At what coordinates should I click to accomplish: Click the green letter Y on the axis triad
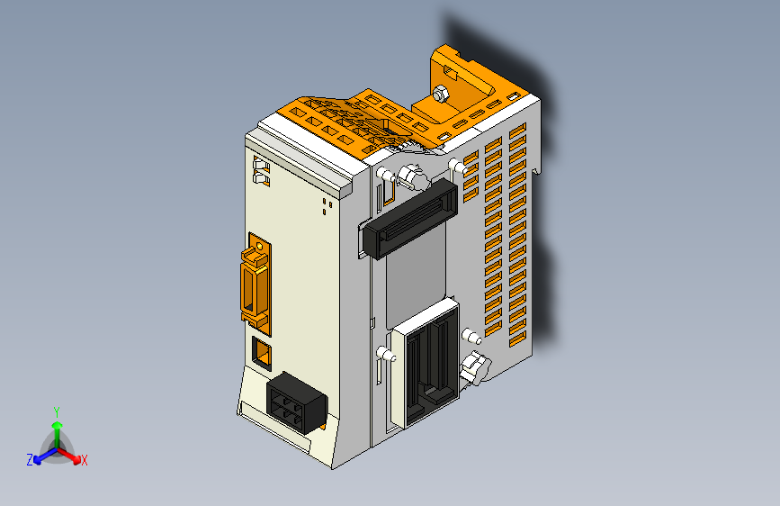57,411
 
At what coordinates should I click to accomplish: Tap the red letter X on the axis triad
85,460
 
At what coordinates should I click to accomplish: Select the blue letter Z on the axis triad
30,460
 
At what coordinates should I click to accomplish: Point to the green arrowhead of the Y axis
57,425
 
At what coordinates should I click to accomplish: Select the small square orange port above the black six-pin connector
262,353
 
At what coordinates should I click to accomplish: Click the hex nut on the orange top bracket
440,94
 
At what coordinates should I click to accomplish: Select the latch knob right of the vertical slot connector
472,368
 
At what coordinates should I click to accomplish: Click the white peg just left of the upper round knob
384,174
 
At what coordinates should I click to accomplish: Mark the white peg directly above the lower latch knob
468,337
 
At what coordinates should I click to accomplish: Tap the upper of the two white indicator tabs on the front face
261,165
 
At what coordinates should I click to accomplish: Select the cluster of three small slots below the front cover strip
324,208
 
